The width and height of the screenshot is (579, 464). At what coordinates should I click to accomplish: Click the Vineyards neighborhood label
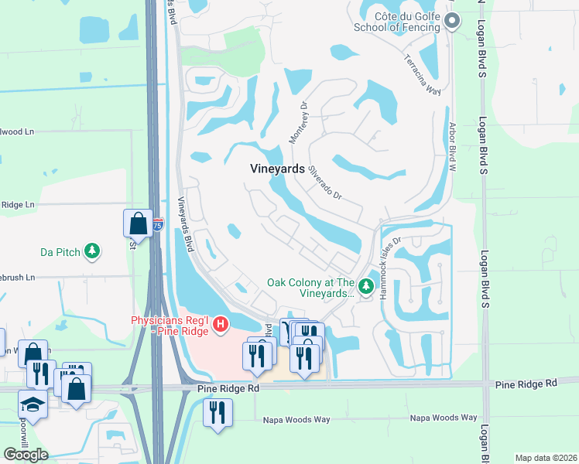click(x=271, y=169)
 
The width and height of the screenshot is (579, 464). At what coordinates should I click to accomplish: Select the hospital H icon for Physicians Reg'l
click(x=221, y=323)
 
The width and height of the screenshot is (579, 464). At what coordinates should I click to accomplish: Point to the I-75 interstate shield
click(x=158, y=226)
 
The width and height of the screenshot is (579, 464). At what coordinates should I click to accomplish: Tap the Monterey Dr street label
click(x=299, y=122)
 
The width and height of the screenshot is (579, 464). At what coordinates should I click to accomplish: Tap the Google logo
click(x=26, y=455)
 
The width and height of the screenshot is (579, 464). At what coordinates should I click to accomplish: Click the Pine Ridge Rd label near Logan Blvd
click(x=526, y=384)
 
